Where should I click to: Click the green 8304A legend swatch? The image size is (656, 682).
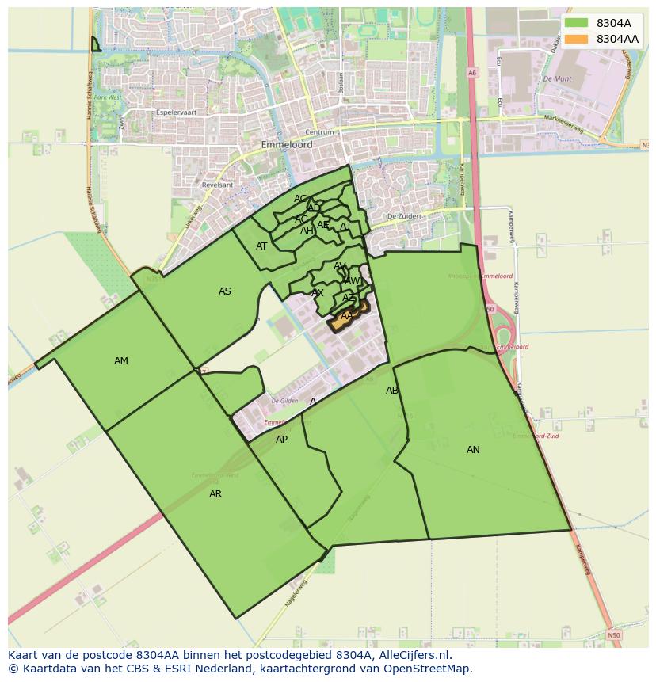coord(577,23)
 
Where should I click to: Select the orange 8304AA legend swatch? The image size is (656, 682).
coord(577,39)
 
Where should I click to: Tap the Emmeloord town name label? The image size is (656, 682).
coord(287,145)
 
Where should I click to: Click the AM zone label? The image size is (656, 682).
coord(120,361)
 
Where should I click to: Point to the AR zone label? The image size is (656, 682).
coord(215,494)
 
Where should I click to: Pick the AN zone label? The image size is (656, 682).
coord(473,450)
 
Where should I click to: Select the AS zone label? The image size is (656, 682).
coord(225,291)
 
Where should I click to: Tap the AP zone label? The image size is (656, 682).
coord(281,440)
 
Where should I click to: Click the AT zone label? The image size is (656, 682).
coord(261,246)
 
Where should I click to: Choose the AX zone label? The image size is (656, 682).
coord(318,293)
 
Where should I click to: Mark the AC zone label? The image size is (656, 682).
coord(300,199)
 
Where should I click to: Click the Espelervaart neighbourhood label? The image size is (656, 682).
coord(176,112)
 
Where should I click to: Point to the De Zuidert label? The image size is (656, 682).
coord(402,216)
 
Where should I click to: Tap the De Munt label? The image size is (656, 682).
coord(558,79)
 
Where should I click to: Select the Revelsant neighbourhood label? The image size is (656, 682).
coord(218,185)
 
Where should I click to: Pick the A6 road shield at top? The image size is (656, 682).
coord(472,72)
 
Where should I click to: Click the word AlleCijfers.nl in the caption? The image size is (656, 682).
coord(412,655)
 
